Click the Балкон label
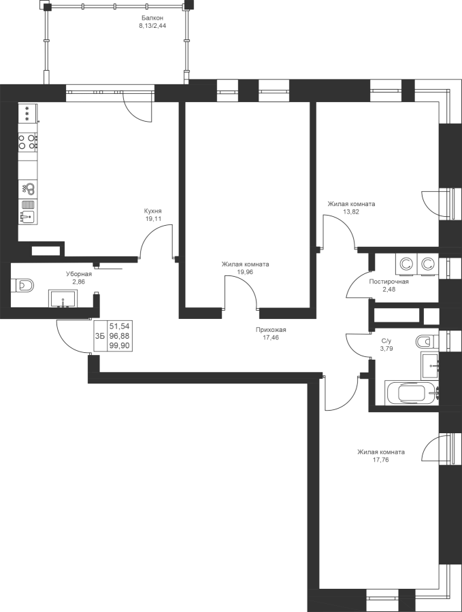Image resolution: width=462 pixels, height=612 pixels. click(152, 18)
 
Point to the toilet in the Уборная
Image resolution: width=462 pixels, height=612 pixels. click(22, 286)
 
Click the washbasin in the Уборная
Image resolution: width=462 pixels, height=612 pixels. click(65, 299)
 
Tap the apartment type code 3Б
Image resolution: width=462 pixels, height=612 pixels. click(99, 336)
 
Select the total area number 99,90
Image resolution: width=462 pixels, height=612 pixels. click(120, 345)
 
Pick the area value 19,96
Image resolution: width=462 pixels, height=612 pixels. click(245, 272)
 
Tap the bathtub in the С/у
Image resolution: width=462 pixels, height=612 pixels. click(412, 393)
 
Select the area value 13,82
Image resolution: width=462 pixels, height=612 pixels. click(351, 212)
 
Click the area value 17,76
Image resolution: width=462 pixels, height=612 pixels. click(381, 460)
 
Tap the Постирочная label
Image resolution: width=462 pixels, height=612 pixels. click(389, 282)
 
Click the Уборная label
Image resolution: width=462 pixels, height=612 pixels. click(78, 273)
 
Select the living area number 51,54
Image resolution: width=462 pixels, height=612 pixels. click(120, 326)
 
